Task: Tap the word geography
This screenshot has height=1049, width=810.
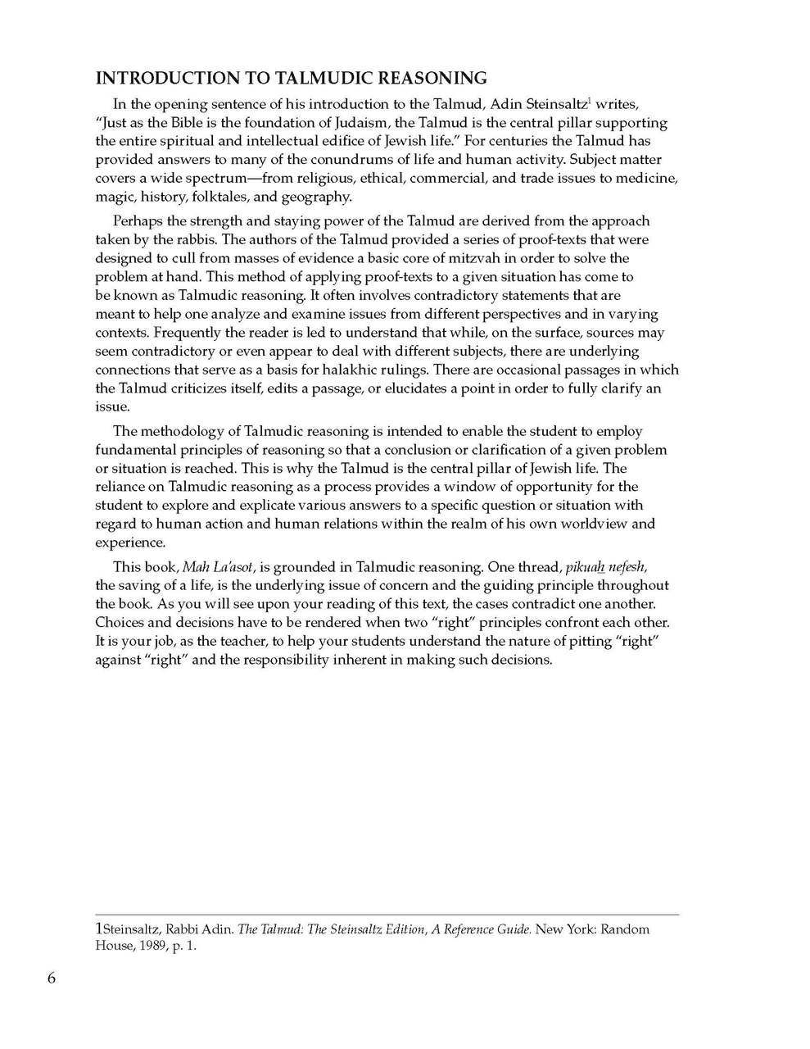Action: tap(316, 198)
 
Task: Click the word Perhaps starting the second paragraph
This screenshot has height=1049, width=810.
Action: tap(136, 221)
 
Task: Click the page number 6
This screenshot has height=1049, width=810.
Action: tap(52, 979)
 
